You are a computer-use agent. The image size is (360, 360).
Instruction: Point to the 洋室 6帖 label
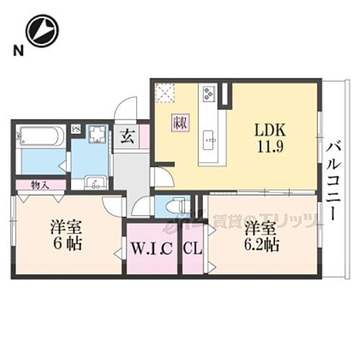point(66,235)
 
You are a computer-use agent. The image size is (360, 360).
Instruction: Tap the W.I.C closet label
point(151,251)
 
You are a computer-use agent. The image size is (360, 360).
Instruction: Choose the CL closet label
point(192,251)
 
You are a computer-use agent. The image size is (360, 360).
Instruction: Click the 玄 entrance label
point(125,135)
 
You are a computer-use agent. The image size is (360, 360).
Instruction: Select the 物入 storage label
point(40,185)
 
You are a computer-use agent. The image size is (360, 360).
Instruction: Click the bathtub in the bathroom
point(41,137)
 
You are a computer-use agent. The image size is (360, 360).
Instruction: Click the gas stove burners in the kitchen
point(210,94)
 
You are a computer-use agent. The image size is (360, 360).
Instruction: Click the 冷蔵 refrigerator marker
point(180,123)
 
